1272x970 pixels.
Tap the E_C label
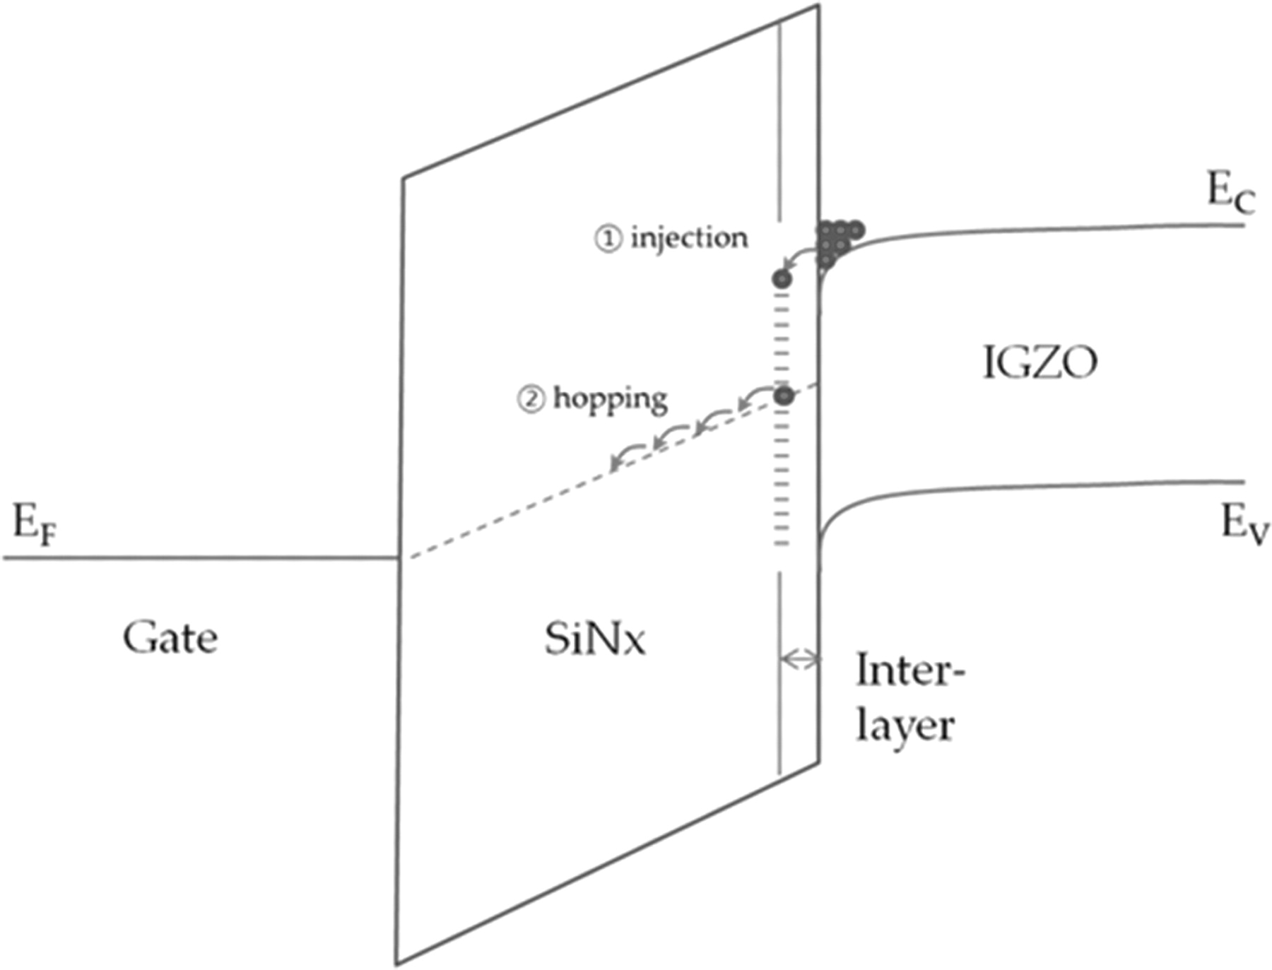click(1230, 193)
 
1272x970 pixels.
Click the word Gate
click(170, 638)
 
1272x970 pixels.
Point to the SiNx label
click(594, 640)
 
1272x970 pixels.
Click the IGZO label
click(1040, 363)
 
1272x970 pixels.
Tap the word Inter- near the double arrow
click(909, 670)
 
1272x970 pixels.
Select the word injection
click(689, 238)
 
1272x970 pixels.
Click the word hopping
click(610, 399)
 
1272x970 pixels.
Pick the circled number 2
click(531, 399)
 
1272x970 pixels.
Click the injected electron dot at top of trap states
click(782, 279)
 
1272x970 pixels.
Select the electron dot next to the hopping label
click(783, 396)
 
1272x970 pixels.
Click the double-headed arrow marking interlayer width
click(799, 659)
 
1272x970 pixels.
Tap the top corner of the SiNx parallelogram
click(818, 6)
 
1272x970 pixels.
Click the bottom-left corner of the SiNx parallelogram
click(396, 963)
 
